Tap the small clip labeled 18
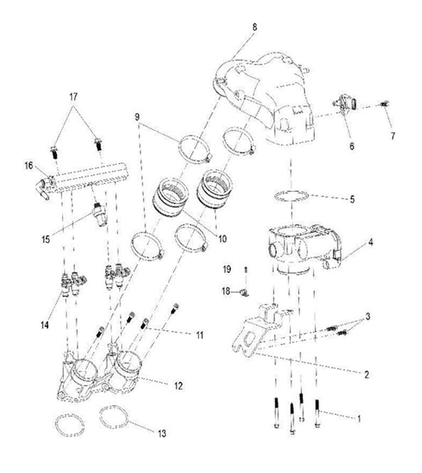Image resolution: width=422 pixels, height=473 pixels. tap(243, 291)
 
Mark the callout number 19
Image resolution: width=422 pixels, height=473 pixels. tap(226, 270)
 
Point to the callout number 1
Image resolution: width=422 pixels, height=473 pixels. tap(360, 420)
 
